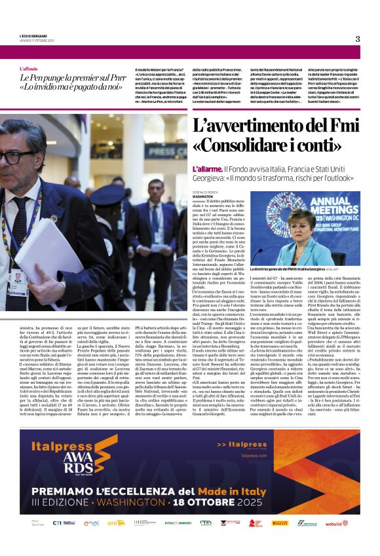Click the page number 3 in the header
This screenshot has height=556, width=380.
point(358,39)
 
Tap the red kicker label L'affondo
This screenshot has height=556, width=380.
point(29,69)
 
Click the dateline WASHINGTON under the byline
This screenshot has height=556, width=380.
point(203,196)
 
